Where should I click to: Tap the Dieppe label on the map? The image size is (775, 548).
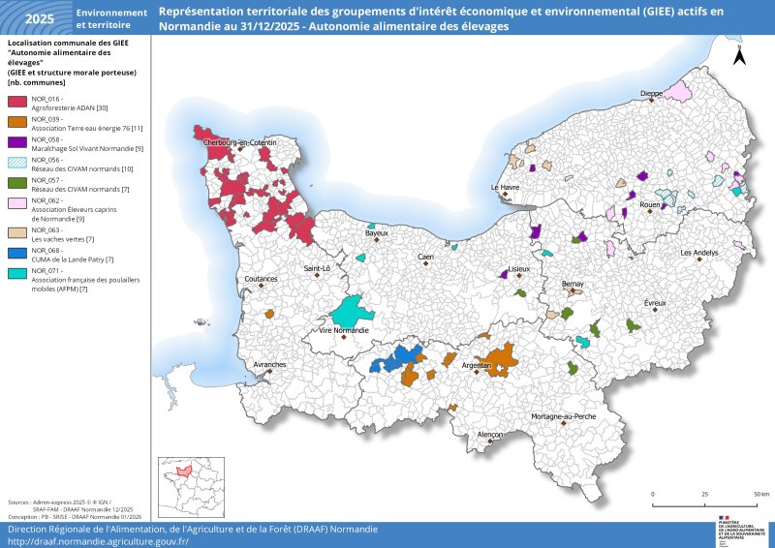click(652, 94)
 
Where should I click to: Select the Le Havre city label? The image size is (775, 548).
click(505, 187)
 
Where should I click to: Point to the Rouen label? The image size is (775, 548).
click(650, 205)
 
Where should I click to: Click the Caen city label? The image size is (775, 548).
click(425, 257)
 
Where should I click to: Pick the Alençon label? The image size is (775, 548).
click(490, 435)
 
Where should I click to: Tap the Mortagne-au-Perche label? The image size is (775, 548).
click(563, 416)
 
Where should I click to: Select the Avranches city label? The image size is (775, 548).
click(269, 364)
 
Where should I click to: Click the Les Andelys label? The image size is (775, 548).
click(699, 253)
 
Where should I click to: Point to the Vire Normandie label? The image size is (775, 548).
click(344, 331)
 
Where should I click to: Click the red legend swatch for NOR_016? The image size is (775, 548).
click(16, 100)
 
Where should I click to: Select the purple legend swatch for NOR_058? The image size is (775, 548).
click(16, 140)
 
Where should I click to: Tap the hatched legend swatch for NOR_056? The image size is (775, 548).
click(16, 161)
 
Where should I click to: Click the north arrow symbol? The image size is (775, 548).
click(739, 55)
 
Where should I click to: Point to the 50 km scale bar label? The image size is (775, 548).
click(760, 494)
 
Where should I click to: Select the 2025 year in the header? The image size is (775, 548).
click(39, 18)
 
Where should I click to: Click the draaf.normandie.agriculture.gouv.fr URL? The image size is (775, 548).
click(98, 541)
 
